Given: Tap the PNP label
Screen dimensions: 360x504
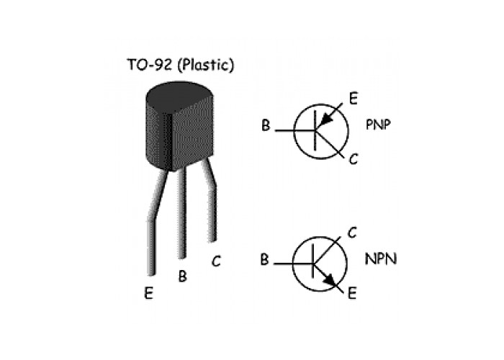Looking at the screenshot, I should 382,124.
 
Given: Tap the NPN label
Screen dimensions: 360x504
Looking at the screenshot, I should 382,257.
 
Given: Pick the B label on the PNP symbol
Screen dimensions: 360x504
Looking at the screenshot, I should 266,127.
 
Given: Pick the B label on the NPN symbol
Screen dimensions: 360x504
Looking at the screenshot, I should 265,260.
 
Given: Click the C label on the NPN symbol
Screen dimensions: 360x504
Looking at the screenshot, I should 353,233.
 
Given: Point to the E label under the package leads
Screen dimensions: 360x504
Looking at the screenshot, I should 148,293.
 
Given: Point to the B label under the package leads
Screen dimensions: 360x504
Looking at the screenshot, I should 182,276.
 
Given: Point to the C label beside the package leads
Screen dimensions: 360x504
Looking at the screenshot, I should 216,261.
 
